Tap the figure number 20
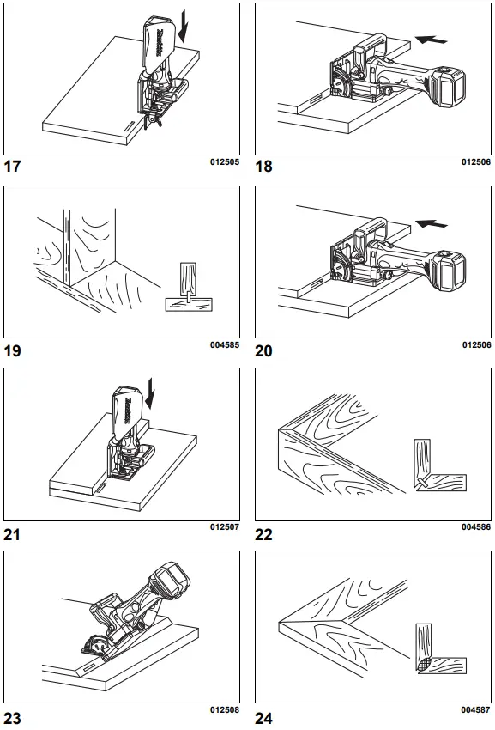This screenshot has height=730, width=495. coord(264,350)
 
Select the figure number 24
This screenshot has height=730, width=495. coord(264,718)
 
